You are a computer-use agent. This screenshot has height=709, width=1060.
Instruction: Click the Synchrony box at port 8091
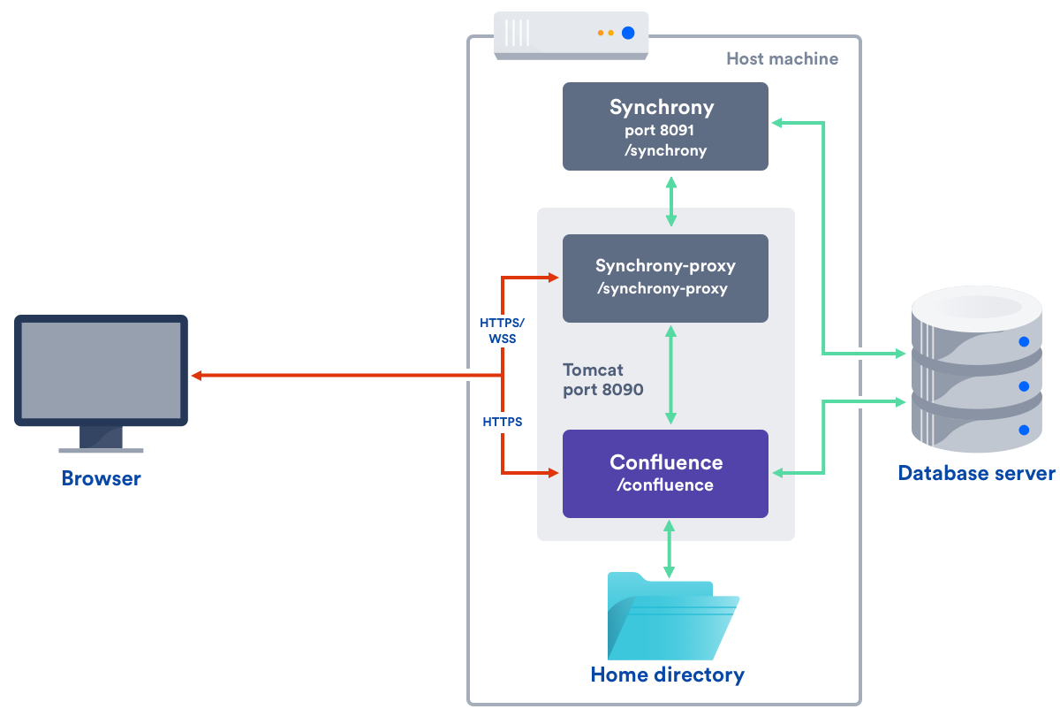click(665, 126)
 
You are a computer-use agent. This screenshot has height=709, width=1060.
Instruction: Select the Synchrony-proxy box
click(665, 278)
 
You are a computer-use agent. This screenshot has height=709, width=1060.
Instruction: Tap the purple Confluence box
click(665, 473)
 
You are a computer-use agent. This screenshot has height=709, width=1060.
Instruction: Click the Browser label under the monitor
click(101, 479)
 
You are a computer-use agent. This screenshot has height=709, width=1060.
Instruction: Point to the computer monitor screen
click(102, 370)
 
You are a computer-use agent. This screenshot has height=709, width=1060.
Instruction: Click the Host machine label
click(782, 59)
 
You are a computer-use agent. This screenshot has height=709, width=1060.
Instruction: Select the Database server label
click(976, 473)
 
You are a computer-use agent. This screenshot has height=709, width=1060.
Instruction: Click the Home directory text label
click(667, 675)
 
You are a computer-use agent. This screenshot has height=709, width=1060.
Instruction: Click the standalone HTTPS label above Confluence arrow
click(502, 423)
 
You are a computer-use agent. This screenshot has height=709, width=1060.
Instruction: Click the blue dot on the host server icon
click(628, 34)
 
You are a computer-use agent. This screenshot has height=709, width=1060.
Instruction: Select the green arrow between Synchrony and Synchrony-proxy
click(671, 202)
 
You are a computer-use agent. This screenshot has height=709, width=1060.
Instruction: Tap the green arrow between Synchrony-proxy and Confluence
click(671, 376)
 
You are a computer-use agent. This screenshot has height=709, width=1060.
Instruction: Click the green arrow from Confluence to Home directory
click(669, 548)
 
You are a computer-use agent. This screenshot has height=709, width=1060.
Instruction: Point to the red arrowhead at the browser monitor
click(197, 376)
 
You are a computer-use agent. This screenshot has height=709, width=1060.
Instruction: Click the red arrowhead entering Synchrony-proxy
click(554, 278)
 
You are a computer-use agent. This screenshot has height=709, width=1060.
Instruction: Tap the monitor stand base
click(101, 449)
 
